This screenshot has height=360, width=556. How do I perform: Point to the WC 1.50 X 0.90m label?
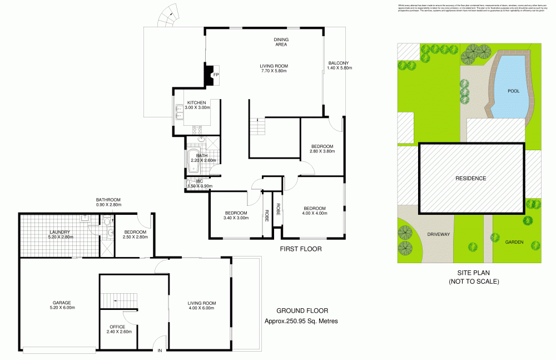click(x=198, y=184)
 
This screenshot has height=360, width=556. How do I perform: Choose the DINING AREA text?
click(x=281, y=42)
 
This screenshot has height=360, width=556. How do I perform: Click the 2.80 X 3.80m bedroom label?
click(x=322, y=149)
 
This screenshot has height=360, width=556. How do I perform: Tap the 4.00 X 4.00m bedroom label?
click(x=314, y=211)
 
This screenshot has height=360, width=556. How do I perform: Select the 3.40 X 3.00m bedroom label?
click(x=236, y=216)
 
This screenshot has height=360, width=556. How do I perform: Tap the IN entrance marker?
click(x=160, y=351)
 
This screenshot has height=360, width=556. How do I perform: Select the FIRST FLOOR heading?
click(x=300, y=249)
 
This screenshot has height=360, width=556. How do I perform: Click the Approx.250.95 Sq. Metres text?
click(x=301, y=321)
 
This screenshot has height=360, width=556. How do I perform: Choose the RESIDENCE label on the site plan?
click(x=471, y=179)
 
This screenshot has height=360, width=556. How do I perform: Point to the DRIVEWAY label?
click(x=439, y=234)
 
